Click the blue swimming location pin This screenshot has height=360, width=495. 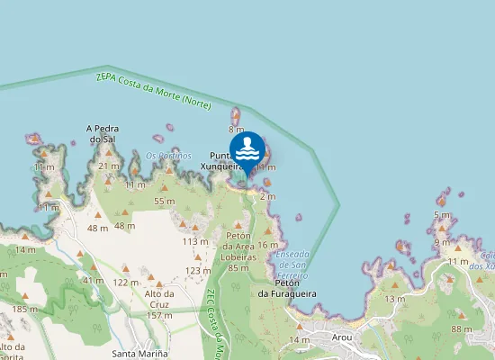tap(247, 150)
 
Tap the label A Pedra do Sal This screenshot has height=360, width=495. tap(103, 134)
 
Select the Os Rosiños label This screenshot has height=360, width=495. tap(168, 156)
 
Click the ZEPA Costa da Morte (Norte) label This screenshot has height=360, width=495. tap(153, 91)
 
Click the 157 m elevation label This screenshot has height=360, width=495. tap(158, 315)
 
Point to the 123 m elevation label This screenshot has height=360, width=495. tap(198, 270)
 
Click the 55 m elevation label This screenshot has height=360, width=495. tap(164, 201)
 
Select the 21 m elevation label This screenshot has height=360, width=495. tap(109, 166)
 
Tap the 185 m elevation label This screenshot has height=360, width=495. tap(22, 309)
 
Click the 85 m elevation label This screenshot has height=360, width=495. tap(238, 267)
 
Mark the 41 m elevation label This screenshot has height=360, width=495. tap(93, 280)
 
